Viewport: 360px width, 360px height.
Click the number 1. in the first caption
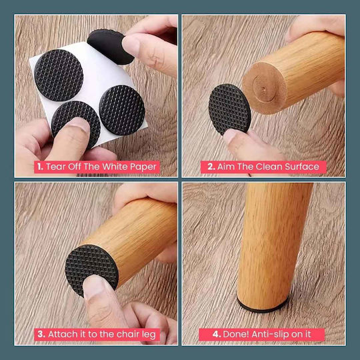[x=40, y=167]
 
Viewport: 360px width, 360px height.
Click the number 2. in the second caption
[x=211, y=167]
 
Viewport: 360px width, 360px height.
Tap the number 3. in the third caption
[x=41, y=334]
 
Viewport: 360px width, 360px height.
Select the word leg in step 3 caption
[x=149, y=335]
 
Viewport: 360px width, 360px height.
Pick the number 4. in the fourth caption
[x=217, y=334]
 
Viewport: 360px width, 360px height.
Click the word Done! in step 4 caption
[x=236, y=334]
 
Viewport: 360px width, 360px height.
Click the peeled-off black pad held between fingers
[x=108, y=47]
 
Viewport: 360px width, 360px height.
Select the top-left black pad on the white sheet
[x=59, y=75]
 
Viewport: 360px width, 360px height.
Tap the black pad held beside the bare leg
[x=229, y=109]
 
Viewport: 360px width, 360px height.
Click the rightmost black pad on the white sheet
[x=122, y=110]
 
